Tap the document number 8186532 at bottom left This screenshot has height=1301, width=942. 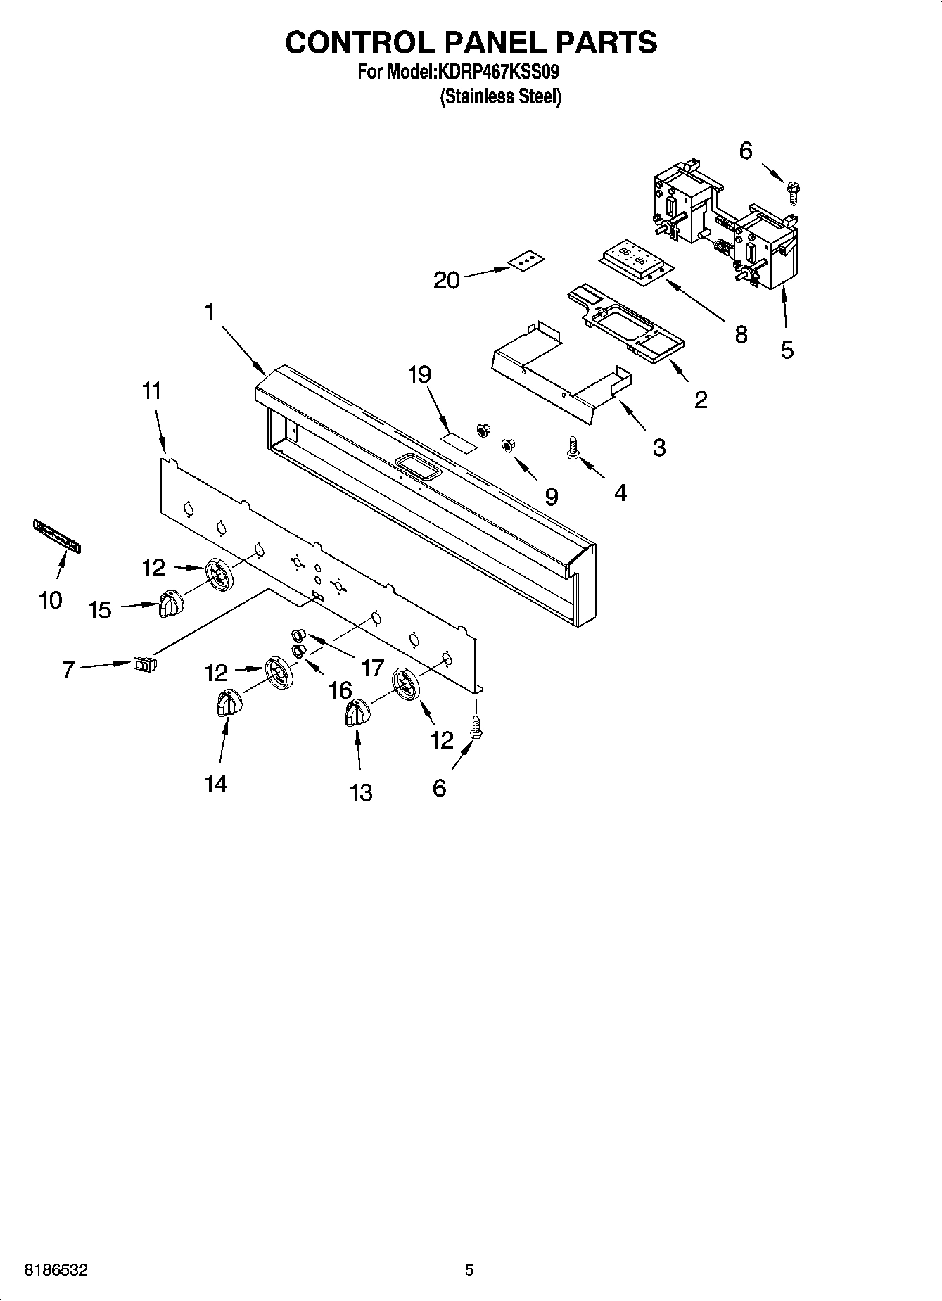tap(56, 1270)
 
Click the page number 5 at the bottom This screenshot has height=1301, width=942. tap(469, 1270)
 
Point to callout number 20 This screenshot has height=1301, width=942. tap(446, 281)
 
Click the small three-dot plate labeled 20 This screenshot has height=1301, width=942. tap(528, 261)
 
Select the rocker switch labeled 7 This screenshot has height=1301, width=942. tap(145, 663)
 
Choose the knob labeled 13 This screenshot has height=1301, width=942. tap(357, 713)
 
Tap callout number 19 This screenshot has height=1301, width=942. tap(420, 375)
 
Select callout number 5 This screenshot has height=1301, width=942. tap(787, 349)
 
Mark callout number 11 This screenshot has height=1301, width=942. tap(152, 391)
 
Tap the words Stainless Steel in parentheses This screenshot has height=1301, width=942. tap(500, 96)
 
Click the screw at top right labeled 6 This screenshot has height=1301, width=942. tap(793, 191)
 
